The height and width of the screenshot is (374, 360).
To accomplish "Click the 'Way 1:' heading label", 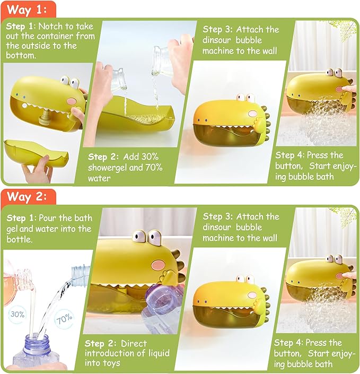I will click(x=28, y=10).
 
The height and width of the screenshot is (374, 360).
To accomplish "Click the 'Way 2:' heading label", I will click(x=28, y=196).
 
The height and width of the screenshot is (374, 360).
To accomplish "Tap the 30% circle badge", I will click(x=17, y=314).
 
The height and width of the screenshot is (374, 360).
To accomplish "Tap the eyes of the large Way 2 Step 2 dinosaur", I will click(x=147, y=236).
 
